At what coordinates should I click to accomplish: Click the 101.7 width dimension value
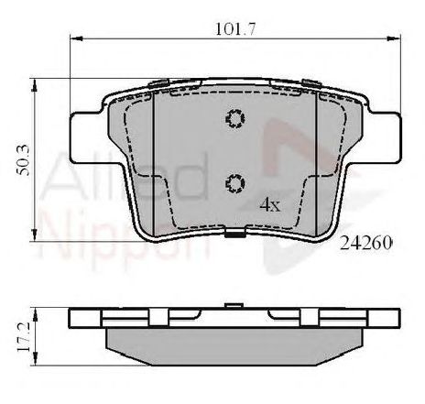[x=234, y=29]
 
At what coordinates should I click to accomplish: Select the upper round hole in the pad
[x=234, y=119]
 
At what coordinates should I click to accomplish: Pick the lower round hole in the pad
[x=234, y=183]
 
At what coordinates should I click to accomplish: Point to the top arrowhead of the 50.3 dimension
[x=36, y=83]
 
